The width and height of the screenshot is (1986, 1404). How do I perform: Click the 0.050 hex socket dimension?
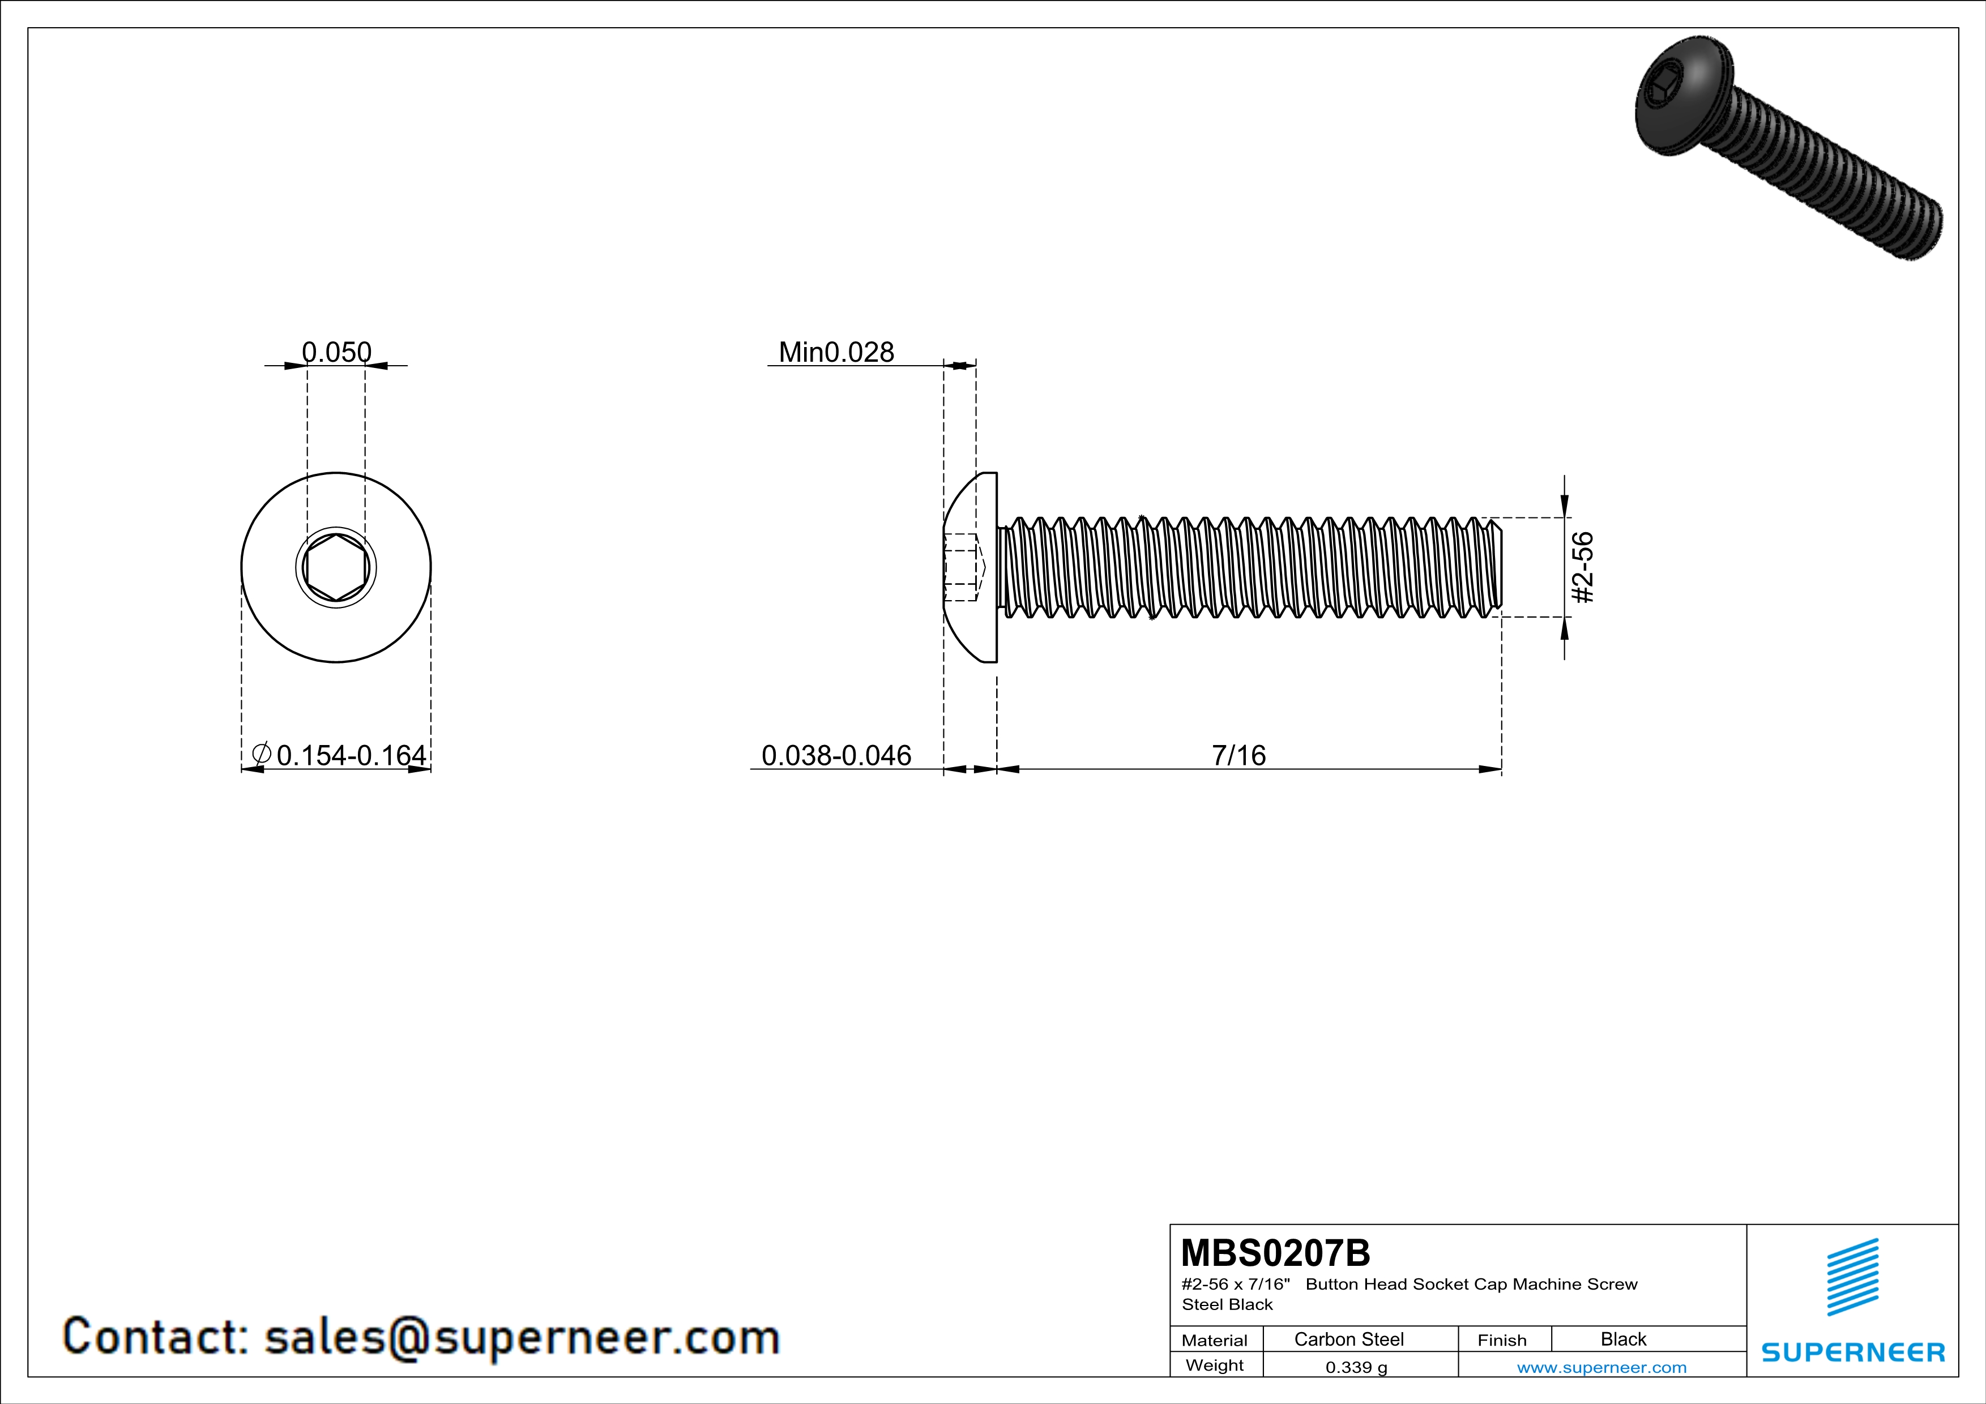[x=336, y=352]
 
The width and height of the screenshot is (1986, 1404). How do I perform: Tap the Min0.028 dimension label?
[x=836, y=352]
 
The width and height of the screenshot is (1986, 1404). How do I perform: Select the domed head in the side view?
[x=969, y=567]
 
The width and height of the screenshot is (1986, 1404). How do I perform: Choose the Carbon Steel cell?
[x=1348, y=1339]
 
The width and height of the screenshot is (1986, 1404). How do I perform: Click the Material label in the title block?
[x=1215, y=1340]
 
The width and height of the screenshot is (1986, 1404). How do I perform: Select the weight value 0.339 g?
[x=1356, y=1367]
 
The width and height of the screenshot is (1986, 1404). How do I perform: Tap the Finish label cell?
[x=1502, y=1340]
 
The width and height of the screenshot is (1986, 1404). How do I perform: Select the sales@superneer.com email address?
[x=522, y=1337]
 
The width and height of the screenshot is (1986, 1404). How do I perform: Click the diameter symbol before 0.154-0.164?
[x=261, y=754]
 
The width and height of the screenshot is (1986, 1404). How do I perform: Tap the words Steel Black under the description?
[x=1227, y=1304]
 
